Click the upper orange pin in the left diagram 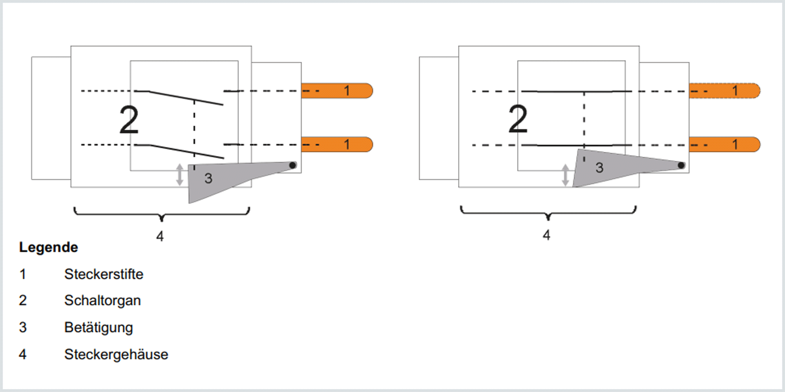(337, 91)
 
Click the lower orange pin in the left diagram (337, 144)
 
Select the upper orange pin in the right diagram (725, 91)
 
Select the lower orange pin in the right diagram (725, 144)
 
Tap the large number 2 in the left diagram (129, 120)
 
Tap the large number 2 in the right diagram (518, 119)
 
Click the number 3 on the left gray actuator (208, 179)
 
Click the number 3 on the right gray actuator (599, 168)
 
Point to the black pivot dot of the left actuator (292, 165)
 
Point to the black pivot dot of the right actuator (681, 165)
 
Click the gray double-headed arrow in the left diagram (180, 174)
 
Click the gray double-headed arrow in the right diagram (566, 175)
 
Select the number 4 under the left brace (160, 236)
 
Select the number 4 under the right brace (547, 235)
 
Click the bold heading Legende (49, 248)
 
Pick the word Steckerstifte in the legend (104, 274)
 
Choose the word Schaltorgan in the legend (103, 301)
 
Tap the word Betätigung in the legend (99, 327)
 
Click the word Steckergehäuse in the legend (117, 354)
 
